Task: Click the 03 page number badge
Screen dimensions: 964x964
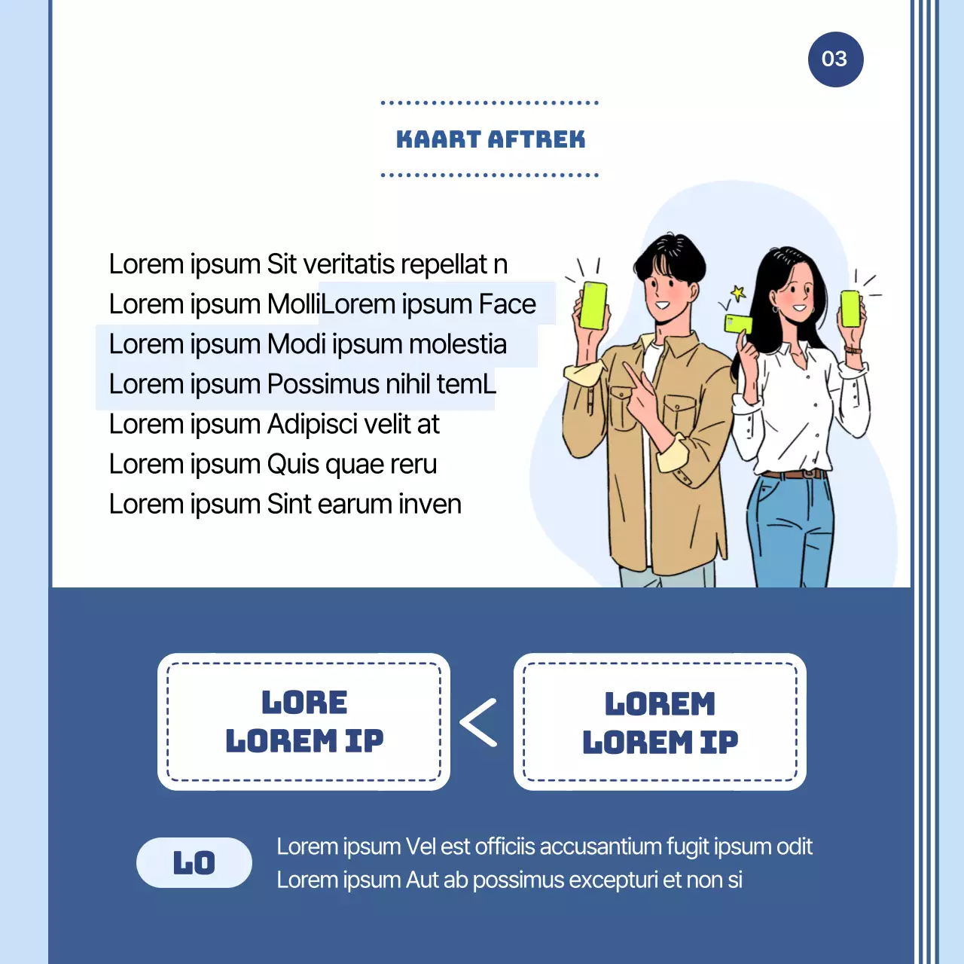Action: pos(835,59)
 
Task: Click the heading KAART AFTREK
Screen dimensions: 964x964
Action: pos(490,139)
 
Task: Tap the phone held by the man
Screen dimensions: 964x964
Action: pos(593,305)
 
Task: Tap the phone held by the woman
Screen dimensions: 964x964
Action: pos(850,308)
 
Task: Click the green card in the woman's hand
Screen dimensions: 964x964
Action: pos(738,324)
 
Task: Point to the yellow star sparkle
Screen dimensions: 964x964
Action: pos(738,293)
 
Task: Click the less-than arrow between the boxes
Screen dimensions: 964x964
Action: pos(480,722)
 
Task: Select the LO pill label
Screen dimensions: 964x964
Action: pos(194,863)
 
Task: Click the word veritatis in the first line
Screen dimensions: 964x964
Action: pos(349,264)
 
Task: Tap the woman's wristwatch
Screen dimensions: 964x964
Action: pos(853,349)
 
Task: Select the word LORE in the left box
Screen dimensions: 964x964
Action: pos(304,703)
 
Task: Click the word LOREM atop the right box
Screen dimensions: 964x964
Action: pos(660,704)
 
